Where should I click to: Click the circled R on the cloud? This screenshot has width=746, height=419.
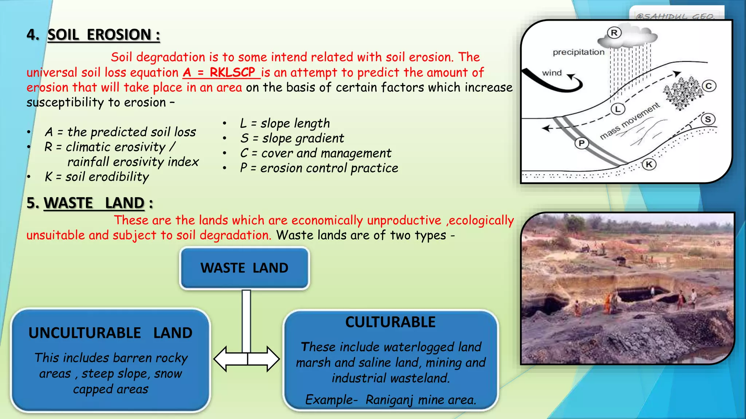click(614, 33)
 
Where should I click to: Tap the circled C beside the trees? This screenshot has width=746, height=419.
click(709, 86)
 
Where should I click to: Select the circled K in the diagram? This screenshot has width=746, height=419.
click(649, 164)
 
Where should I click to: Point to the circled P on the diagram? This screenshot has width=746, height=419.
click(581, 143)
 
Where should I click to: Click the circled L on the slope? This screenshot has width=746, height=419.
click(618, 109)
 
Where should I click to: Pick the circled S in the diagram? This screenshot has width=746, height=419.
click(708, 119)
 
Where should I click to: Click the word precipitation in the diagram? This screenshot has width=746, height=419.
click(578, 52)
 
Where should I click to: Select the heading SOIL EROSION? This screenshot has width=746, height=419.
click(103, 35)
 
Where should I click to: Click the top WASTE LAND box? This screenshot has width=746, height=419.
click(244, 268)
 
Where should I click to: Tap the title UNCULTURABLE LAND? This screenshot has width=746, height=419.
click(110, 333)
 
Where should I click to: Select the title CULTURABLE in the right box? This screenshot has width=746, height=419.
click(390, 322)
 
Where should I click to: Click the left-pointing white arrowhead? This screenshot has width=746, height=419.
click(222, 359)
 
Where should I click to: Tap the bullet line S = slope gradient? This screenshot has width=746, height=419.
click(292, 138)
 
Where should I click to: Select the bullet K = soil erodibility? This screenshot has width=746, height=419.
click(97, 177)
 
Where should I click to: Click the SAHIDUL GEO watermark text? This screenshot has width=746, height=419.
click(676, 16)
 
